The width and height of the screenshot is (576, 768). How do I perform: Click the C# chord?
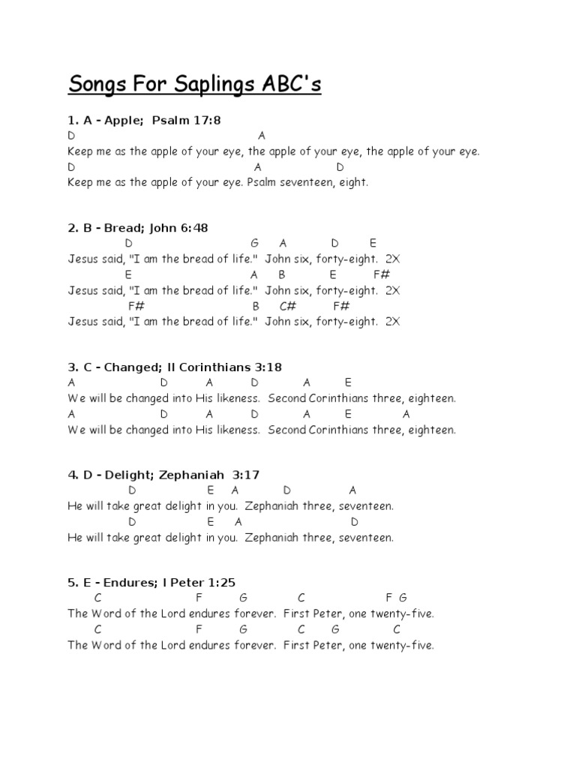288,306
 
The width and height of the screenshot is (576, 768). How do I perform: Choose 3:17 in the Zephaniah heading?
244,475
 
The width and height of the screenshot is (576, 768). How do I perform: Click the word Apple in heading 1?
121,120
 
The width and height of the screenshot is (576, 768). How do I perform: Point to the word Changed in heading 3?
129,367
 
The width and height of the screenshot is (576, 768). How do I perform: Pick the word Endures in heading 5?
127,583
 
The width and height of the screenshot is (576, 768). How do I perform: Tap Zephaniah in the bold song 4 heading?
191,475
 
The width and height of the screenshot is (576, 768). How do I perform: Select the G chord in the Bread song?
254,243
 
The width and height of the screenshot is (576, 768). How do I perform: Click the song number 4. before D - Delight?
72,475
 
